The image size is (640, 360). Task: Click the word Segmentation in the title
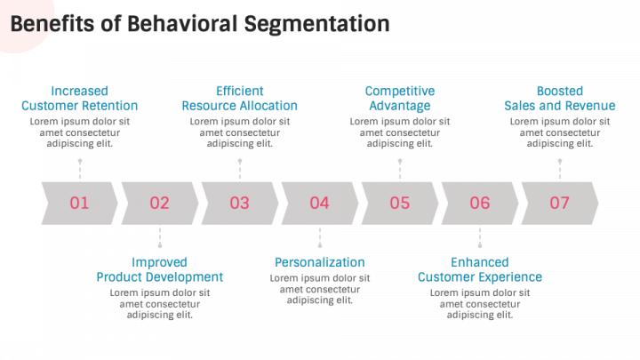point(316,24)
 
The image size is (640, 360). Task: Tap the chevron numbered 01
point(80,204)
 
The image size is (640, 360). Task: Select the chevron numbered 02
point(160,204)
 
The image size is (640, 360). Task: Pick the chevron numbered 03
point(240,204)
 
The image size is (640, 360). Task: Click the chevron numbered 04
point(320,204)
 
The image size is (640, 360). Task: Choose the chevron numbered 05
point(400,204)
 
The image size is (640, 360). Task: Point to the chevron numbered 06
point(480,204)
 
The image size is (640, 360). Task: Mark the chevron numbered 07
point(560,204)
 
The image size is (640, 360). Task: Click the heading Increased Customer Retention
point(80,99)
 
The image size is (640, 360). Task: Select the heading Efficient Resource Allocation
point(240,99)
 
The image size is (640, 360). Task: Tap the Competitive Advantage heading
point(400,99)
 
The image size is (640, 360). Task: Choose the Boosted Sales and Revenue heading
point(560,99)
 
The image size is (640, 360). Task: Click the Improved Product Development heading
point(160,270)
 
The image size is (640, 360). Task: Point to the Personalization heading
point(320,262)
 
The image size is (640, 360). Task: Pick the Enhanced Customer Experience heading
point(480,270)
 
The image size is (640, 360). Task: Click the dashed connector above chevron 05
point(400,170)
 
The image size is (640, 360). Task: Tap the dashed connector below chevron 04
point(320,237)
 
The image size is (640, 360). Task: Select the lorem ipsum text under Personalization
point(320,289)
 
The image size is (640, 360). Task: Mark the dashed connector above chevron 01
point(80,170)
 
